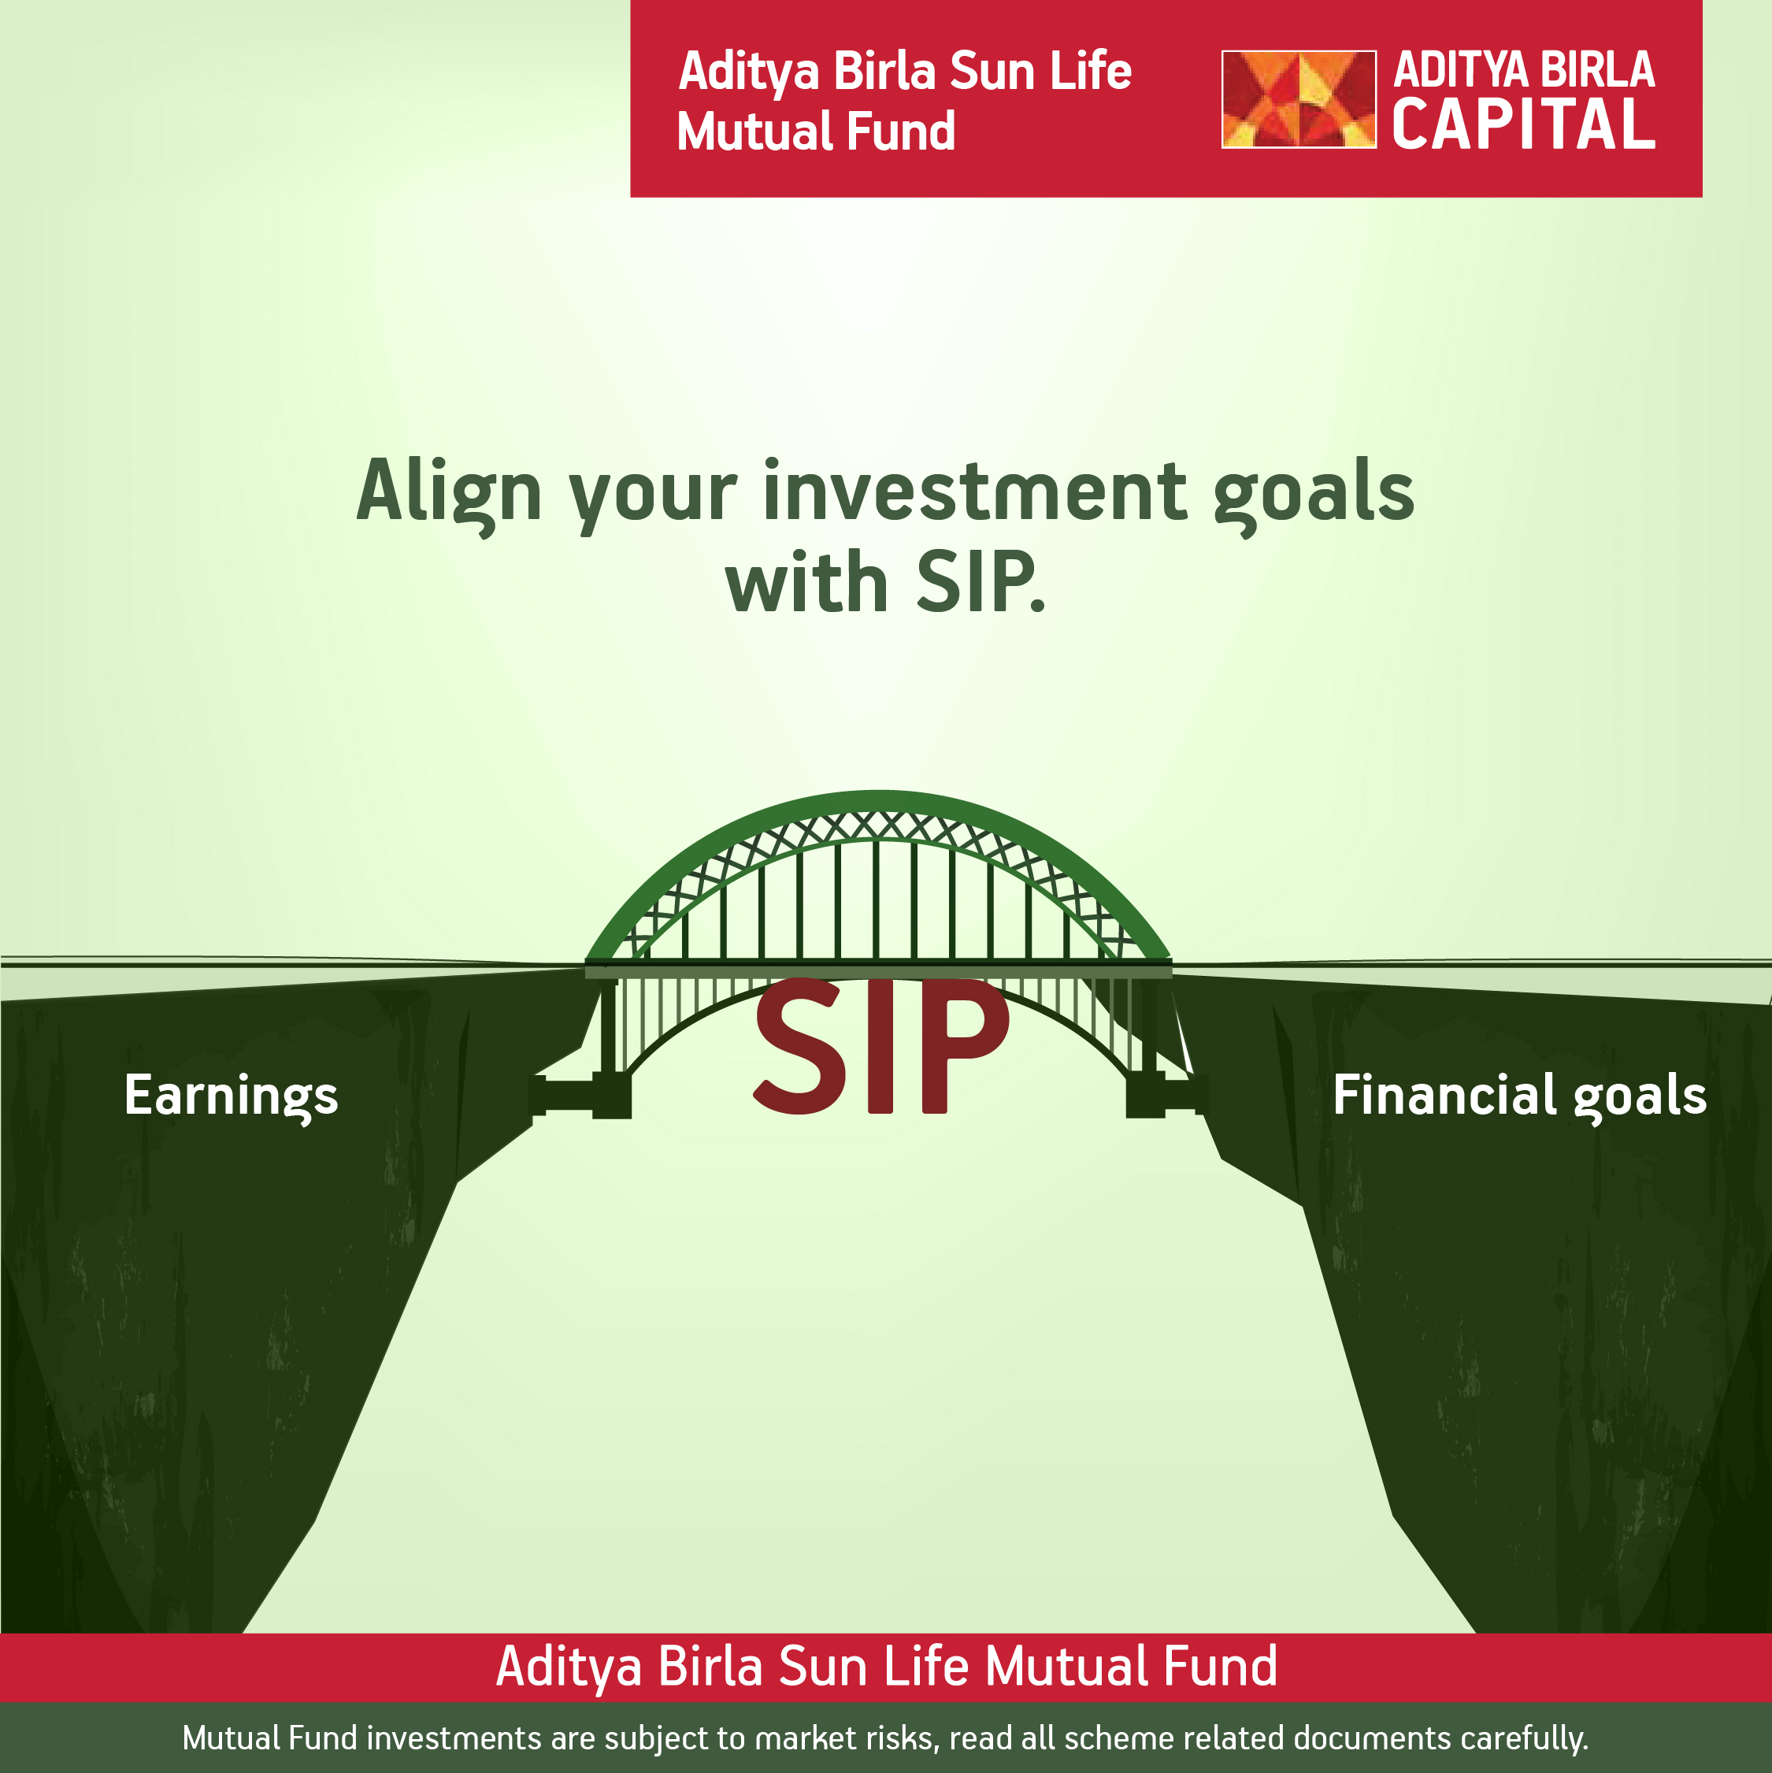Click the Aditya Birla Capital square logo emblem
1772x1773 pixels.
coord(1299,99)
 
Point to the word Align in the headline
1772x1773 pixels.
coord(449,493)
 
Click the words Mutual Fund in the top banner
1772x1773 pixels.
coord(816,132)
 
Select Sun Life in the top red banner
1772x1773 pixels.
coord(1040,72)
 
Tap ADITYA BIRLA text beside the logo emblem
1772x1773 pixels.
coord(1523,70)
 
